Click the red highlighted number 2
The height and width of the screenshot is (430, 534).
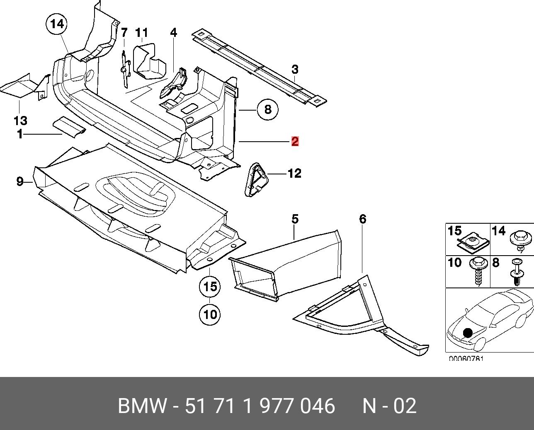pyautogui.click(x=295, y=141)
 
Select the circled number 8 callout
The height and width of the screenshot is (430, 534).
pyautogui.click(x=267, y=109)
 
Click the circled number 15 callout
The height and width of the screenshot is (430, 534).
pyautogui.click(x=210, y=286)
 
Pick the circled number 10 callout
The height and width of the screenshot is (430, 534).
pyautogui.click(x=210, y=314)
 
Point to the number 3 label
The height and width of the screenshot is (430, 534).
pyautogui.click(x=295, y=69)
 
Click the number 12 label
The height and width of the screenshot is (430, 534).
pyautogui.click(x=294, y=173)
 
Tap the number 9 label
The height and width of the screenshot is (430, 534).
pyautogui.click(x=20, y=181)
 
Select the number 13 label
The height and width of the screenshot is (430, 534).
pyautogui.click(x=20, y=121)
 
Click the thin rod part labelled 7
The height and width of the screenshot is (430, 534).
pyautogui.click(x=125, y=68)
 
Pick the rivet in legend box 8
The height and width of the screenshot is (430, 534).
pyautogui.click(x=517, y=271)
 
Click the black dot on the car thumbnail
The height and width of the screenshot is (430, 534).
pyautogui.click(x=468, y=333)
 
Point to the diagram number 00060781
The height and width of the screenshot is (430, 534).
pyautogui.click(x=466, y=359)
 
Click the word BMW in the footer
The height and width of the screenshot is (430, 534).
pyautogui.click(x=142, y=406)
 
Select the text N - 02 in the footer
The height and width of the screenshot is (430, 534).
pyautogui.click(x=389, y=406)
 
